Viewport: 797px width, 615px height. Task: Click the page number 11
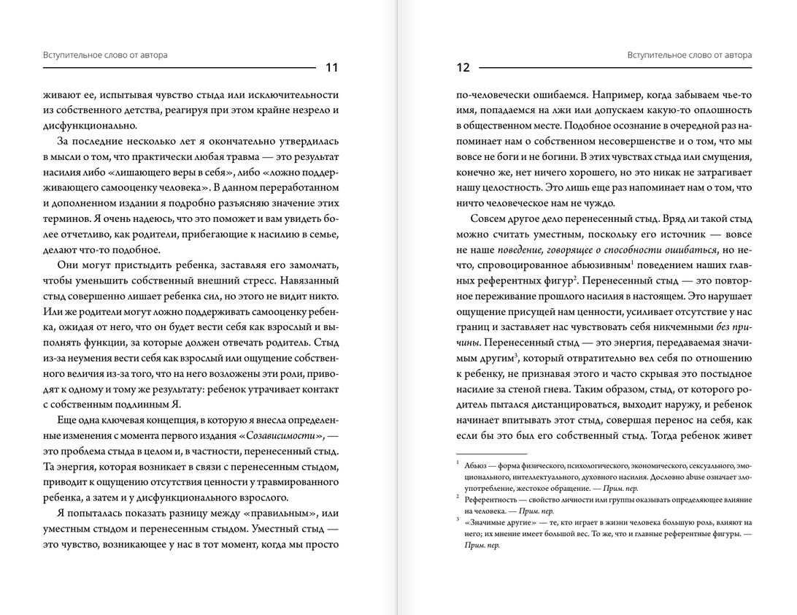point(331,68)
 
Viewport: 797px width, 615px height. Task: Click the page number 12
point(463,68)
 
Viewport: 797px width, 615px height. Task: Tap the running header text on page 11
point(95,55)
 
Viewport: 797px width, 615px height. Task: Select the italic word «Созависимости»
point(288,435)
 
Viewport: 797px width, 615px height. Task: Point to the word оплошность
point(724,110)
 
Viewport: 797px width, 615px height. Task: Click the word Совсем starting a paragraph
point(491,219)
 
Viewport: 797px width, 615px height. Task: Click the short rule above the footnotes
point(490,454)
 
